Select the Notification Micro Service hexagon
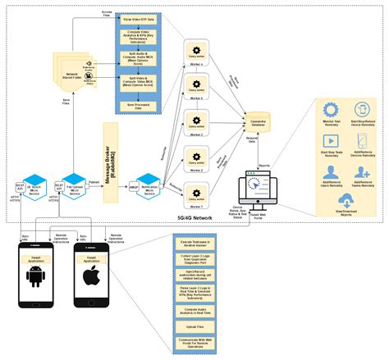(x=149, y=181)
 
